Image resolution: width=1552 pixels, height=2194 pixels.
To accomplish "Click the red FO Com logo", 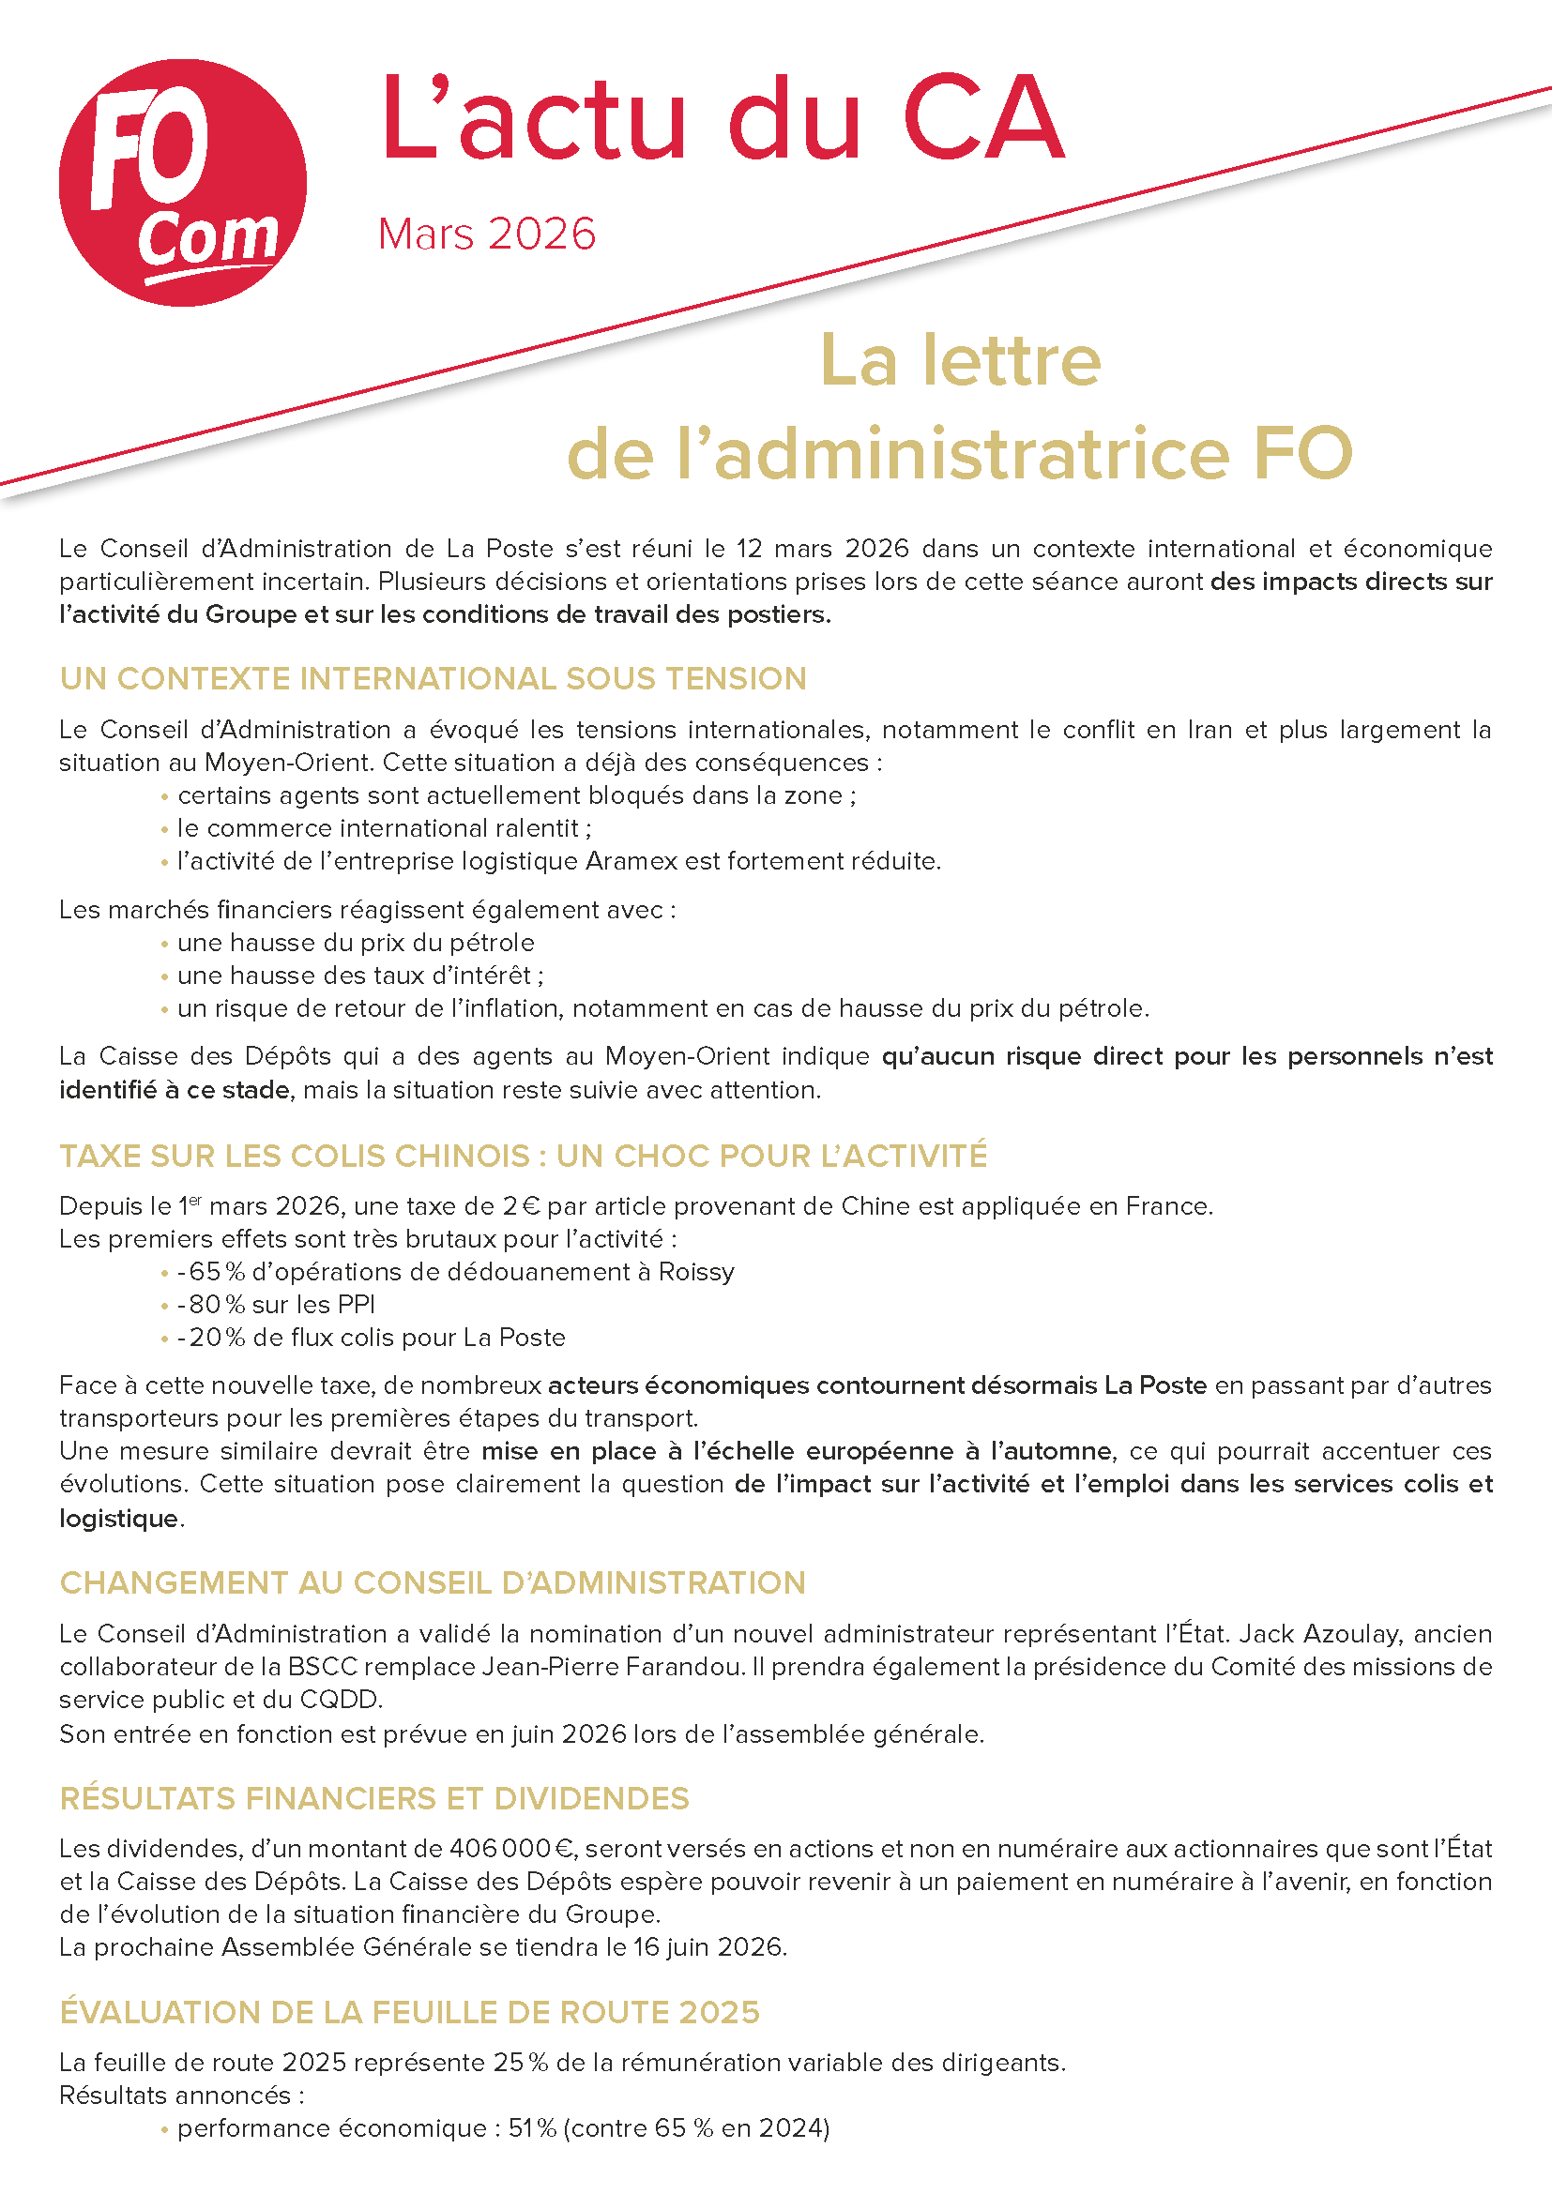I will pos(183,183).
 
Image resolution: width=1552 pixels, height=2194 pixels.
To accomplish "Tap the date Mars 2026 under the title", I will pos(486,235).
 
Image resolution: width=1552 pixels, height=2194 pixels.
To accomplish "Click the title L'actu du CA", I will pos(722,118).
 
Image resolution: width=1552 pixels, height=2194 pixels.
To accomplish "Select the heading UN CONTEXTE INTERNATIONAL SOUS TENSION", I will pos(433,678).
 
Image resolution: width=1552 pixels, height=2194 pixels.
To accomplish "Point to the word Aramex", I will pos(631,861).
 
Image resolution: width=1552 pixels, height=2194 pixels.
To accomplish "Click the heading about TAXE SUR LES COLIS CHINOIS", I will pos(523,1156).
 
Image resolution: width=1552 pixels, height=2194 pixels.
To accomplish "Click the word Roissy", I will pos(695,1272).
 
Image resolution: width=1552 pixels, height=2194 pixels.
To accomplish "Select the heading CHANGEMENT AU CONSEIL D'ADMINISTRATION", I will pos(432,1582).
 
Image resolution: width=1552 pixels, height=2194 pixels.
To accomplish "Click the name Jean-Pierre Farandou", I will pos(613,1667).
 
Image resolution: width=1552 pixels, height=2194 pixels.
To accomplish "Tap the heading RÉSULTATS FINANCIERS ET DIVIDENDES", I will pos(373,1798).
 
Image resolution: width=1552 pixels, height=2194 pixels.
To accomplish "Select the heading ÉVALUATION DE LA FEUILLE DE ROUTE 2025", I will pos(409,2012).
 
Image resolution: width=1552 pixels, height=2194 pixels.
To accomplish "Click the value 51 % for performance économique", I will pos(532,2128).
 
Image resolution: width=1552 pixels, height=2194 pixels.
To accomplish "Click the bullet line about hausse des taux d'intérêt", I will pos(360,976).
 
